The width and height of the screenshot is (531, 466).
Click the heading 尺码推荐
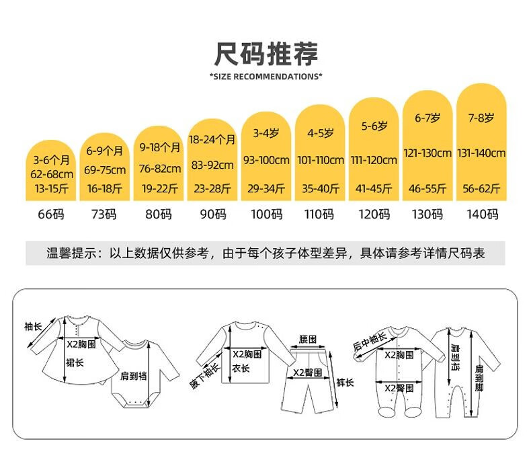coord(266,54)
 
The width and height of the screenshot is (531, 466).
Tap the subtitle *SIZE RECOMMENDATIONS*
coord(266,77)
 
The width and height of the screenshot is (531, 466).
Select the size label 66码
coord(51,215)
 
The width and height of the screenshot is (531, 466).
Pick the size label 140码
coord(482,215)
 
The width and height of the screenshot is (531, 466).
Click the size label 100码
coord(267,215)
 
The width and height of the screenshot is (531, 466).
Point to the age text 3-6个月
coord(51,159)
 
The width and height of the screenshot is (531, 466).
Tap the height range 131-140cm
coord(481,153)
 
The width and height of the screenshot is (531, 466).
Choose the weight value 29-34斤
coord(266,188)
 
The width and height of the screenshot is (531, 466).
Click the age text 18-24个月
coord(212,139)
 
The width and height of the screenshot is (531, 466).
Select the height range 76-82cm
coord(160,168)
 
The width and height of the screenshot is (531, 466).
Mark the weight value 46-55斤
coord(427,188)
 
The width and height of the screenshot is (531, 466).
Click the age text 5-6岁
coord(374,126)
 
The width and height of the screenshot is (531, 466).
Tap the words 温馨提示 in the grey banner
coord(71,253)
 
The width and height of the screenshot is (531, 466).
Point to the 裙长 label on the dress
coord(75,362)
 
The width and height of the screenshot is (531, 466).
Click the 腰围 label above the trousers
coord(307,340)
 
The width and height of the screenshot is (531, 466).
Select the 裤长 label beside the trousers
coord(345,383)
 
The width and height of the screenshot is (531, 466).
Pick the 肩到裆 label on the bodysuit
coord(134,376)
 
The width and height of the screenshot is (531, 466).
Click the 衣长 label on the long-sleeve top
coord(241,368)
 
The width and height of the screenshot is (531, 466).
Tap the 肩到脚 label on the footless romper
coord(479,378)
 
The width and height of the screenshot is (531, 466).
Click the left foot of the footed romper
coord(386,412)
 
